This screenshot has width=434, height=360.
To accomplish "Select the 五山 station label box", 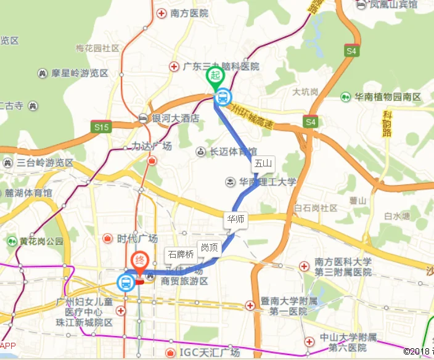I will (263, 163).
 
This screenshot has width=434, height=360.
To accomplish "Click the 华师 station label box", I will (236, 219).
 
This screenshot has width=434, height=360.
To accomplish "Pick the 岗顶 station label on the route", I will (208, 248).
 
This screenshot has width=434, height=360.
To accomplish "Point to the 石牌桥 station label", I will (181, 254).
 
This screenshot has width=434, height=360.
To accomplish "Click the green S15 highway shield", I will (101, 128).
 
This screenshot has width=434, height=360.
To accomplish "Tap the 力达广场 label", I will (152, 146).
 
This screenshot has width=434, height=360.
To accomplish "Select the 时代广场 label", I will (136, 239).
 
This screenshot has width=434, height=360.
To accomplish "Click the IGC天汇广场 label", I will (207, 352).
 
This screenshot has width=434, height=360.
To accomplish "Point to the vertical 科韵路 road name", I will (387, 124).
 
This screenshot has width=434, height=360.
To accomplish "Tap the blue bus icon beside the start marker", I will (223, 97).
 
